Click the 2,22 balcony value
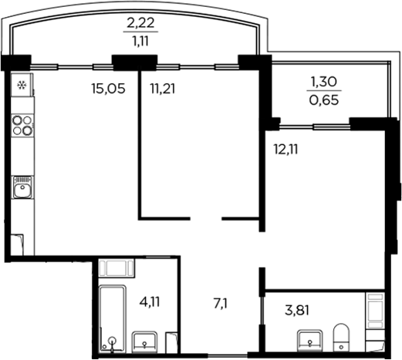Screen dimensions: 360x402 (x=140, y=23)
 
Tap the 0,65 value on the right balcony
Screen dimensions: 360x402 (x=323, y=99)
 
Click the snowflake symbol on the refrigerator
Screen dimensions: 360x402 (x=22, y=85)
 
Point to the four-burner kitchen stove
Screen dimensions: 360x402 (x=23, y=125)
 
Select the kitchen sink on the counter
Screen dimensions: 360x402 (x=22, y=187)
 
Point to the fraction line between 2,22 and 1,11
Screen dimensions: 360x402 (x=140, y=33)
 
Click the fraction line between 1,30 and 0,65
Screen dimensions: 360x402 (x=323, y=89)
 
